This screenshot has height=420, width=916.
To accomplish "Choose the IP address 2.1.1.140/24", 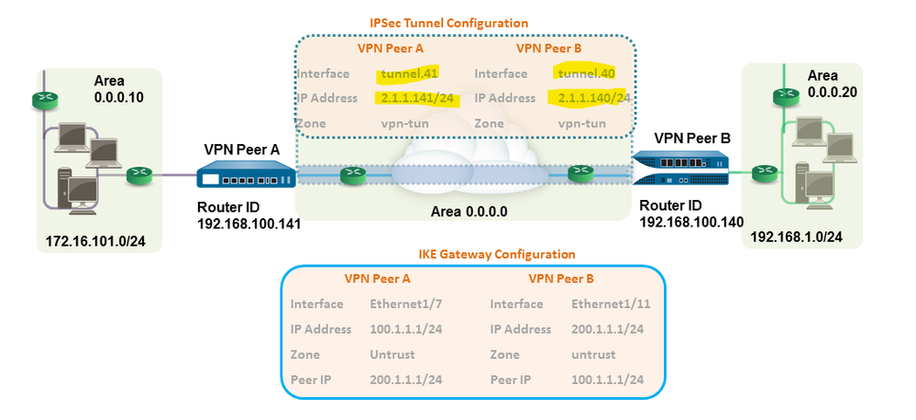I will pyautogui.click(x=589, y=97).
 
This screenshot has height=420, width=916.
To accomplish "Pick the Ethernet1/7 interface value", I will pyautogui.click(x=399, y=304).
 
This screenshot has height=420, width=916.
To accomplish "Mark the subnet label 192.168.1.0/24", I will pyautogui.click(x=796, y=238).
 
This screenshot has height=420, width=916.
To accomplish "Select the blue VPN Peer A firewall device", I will pyautogui.click(x=247, y=173).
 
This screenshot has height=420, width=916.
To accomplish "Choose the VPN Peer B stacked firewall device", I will pyautogui.click(x=683, y=166).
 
